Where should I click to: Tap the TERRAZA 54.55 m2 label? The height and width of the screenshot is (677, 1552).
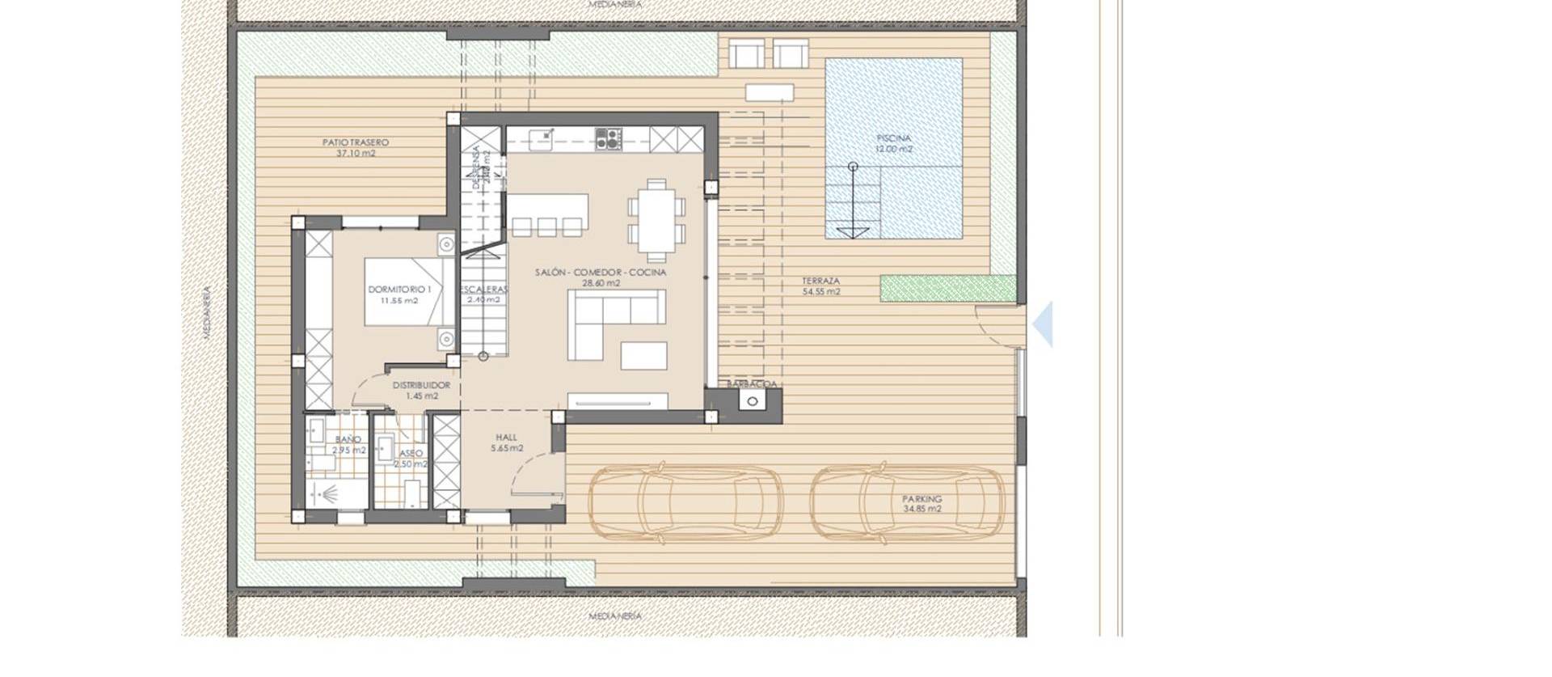click(820, 286)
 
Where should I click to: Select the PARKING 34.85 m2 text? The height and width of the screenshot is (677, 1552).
click(921, 504)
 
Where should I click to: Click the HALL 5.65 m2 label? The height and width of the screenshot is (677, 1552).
click(506, 442)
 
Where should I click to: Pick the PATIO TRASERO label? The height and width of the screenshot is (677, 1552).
click(356, 147)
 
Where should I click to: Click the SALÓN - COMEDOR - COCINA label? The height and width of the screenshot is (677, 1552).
click(600, 277)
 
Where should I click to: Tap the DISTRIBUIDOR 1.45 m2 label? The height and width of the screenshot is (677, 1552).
click(421, 391)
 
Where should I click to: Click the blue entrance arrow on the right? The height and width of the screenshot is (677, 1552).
click(1044, 324)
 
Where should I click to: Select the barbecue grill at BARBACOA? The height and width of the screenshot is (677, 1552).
click(753, 401)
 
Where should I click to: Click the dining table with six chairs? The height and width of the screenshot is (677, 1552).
click(656, 221)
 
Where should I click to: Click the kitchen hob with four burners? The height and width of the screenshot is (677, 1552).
click(609, 139)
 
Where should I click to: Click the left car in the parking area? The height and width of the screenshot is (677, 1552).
click(685, 502)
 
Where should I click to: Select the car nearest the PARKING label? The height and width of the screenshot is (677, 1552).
click(909, 503)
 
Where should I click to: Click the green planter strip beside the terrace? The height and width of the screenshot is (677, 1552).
click(947, 289)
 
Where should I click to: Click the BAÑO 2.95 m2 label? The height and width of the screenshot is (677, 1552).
click(348, 445)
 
